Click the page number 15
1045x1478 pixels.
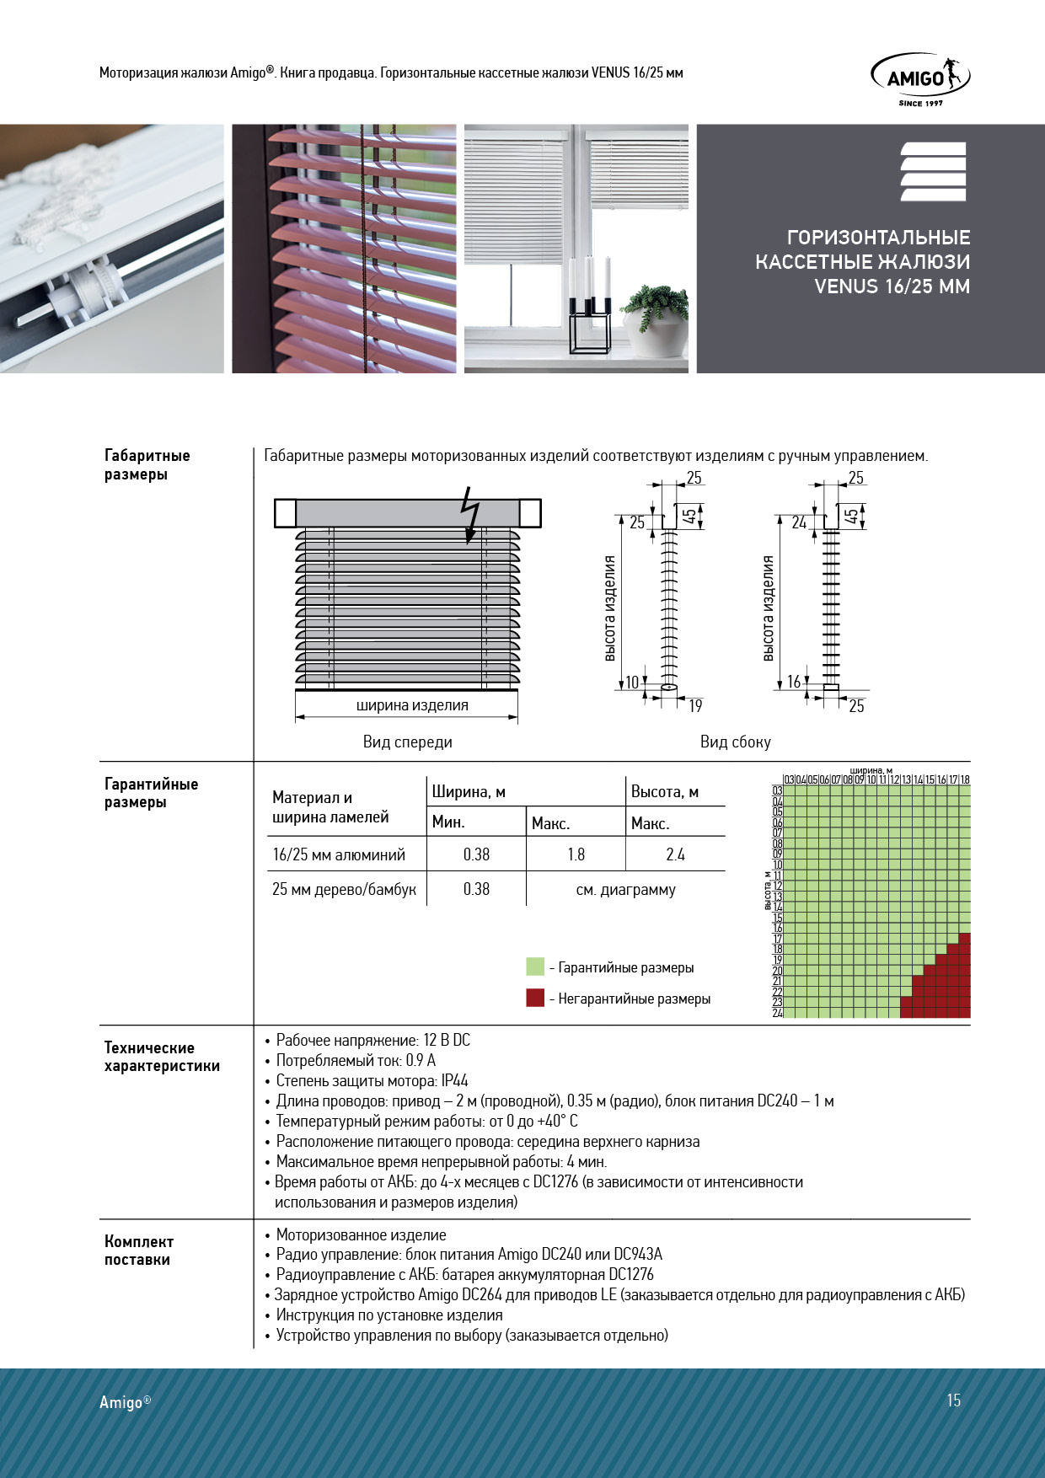pyautogui.click(x=953, y=1400)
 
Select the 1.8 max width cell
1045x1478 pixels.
pyautogui.click(x=576, y=854)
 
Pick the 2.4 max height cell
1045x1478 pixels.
pyautogui.click(x=675, y=854)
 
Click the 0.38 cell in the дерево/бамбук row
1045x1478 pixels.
pyautogui.click(x=476, y=889)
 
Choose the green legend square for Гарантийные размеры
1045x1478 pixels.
pyautogui.click(x=535, y=967)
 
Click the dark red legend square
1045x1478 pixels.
pyautogui.click(x=535, y=998)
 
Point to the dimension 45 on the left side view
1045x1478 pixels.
pyautogui.click(x=689, y=516)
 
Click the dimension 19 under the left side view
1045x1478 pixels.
pyautogui.click(x=695, y=706)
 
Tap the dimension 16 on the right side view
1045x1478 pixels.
pyautogui.click(x=794, y=682)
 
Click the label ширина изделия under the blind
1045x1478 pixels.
pyautogui.click(x=412, y=705)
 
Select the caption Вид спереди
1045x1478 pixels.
pyautogui.click(x=408, y=742)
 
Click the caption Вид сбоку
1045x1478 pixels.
pyautogui.click(x=735, y=742)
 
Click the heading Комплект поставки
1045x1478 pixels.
pyautogui.click(x=139, y=1250)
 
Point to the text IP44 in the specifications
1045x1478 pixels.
pyautogui.click(x=454, y=1081)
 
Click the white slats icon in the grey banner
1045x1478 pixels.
pyautogui.click(x=933, y=172)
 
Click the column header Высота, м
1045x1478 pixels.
pyautogui.click(x=665, y=792)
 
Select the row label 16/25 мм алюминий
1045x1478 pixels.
pyautogui.click(x=339, y=854)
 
